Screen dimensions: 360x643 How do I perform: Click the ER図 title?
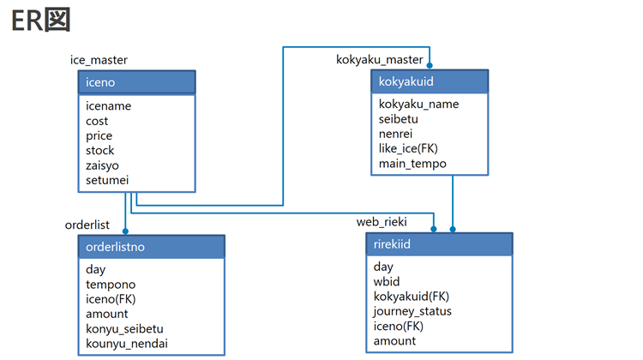pos(39,22)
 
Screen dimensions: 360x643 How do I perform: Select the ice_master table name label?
pos(99,59)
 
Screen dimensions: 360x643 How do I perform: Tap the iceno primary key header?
pos(136,82)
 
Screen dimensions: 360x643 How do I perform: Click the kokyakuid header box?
pos(430,81)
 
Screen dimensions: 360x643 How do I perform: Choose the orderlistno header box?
pos(151,247)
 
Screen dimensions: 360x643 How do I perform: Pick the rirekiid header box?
pos(439,244)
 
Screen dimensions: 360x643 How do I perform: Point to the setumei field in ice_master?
pos(107,180)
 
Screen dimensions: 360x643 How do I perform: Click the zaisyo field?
pos(104,165)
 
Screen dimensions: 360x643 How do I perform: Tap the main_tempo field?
pos(413,164)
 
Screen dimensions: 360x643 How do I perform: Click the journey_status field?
pos(412,311)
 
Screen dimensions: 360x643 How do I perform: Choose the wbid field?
pos(387,281)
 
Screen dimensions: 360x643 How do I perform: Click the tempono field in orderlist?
pos(111,284)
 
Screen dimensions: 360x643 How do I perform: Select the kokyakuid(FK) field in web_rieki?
pos(412,297)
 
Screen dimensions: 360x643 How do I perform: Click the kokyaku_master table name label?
pos(379,59)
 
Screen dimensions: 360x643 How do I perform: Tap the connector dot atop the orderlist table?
pos(125,230)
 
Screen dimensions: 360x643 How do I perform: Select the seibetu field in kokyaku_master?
pos(400,119)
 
